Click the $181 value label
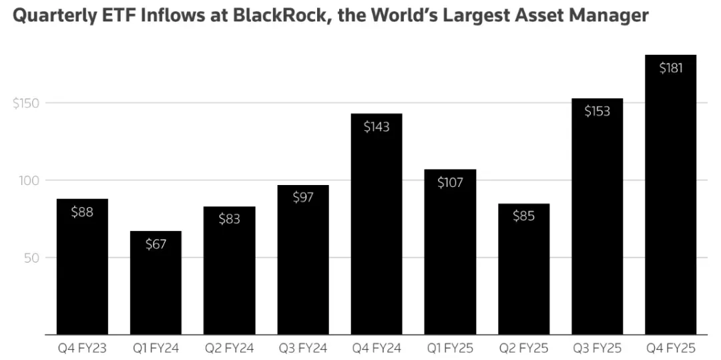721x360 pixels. [670, 68]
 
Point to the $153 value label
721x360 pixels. [597, 112]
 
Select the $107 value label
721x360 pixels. [450, 182]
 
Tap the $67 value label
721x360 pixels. [156, 244]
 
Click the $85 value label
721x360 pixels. [523, 216]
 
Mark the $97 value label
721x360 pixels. [303, 198]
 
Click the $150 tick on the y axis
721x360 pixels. [26, 104]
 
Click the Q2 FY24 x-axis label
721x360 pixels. [229, 348]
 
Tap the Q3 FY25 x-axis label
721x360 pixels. [597, 348]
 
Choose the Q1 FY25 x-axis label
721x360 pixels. [450, 348]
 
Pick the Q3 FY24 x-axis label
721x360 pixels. [303, 348]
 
